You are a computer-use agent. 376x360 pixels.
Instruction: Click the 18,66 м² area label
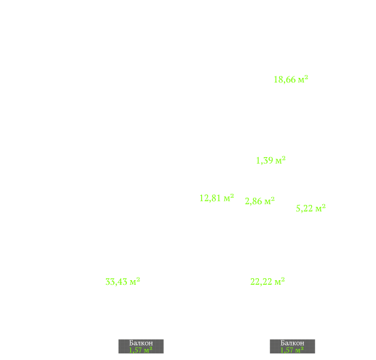[x=291, y=79]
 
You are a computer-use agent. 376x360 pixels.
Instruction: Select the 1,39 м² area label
[x=271, y=160]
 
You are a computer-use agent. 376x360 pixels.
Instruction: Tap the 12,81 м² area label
[x=217, y=198]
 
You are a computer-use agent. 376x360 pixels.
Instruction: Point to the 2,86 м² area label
[x=260, y=201]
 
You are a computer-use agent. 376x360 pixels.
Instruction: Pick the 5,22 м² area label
[x=311, y=208]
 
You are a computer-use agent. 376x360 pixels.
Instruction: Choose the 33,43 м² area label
[x=123, y=281]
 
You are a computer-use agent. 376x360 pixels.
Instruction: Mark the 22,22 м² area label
[x=267, y=281]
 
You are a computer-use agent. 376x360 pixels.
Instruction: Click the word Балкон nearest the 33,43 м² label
[x=141, y=343]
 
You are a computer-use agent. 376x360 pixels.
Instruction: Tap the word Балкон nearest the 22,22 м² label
[x=292, y=343]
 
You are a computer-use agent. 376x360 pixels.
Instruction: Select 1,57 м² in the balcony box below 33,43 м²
[x=141, y=350]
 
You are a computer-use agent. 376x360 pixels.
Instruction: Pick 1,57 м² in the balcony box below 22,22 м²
[x=292, y=350]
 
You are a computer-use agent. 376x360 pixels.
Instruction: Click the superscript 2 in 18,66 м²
[x=306, y=77]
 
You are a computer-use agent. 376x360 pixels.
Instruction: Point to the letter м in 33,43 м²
[x=133, y=283]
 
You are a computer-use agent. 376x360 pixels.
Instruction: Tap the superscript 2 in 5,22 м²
[x=324, y=206]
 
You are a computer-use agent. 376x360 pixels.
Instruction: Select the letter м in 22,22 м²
[x=278, y=283]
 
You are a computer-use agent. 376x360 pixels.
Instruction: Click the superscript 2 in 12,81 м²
[x=232, y=196]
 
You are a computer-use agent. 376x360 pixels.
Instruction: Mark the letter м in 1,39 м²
[x=279, y=161]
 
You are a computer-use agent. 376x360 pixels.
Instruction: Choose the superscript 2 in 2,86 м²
[x=273, y=199]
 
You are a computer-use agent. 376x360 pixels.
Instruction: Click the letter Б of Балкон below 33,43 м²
[x=131, y=343]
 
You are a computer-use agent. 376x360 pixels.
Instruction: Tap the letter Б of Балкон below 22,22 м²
[x=282, y=343]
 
